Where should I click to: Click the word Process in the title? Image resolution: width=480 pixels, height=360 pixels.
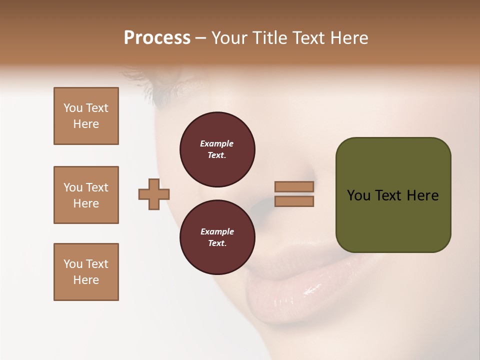(157, 38)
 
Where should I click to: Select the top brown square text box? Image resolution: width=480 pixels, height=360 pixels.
(86, 116)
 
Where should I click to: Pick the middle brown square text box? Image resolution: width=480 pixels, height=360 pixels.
(86, 195)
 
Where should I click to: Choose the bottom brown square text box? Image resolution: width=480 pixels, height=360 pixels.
(86, 272)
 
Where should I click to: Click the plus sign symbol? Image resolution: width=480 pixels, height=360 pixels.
(154, 193)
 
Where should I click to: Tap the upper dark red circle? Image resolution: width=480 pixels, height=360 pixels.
(217, 149)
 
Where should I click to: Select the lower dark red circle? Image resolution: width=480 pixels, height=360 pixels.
(217, 237)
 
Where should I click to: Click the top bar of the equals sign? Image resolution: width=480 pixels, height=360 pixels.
(294, 186)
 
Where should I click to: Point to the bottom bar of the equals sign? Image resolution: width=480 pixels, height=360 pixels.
(294, 201)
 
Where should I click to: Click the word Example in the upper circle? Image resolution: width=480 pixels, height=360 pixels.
(216, 143)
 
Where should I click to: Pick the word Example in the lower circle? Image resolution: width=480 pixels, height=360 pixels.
(216, 231)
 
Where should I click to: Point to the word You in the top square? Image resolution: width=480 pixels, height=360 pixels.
(72, 108)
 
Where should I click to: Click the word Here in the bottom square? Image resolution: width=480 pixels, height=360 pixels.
(86, 280)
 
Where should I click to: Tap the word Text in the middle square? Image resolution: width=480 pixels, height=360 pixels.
(97, 187)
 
